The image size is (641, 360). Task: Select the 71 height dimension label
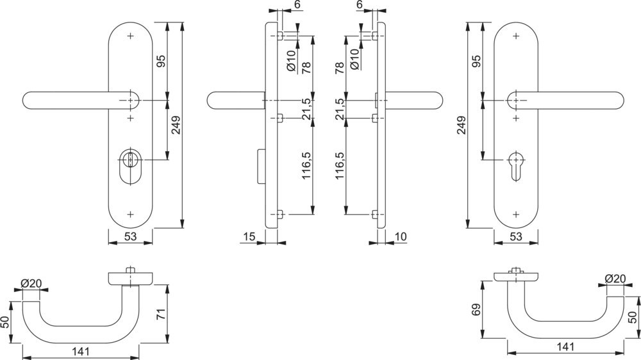(162, 314)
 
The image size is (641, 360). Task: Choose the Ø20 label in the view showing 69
(615, 279)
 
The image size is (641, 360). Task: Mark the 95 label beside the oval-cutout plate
(162, 61)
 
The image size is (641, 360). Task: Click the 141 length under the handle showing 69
(564, 347)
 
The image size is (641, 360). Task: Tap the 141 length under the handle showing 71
(80, 352)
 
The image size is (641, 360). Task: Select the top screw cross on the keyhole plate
(515, 37)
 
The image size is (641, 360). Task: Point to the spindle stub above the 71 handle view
(131, 269)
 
